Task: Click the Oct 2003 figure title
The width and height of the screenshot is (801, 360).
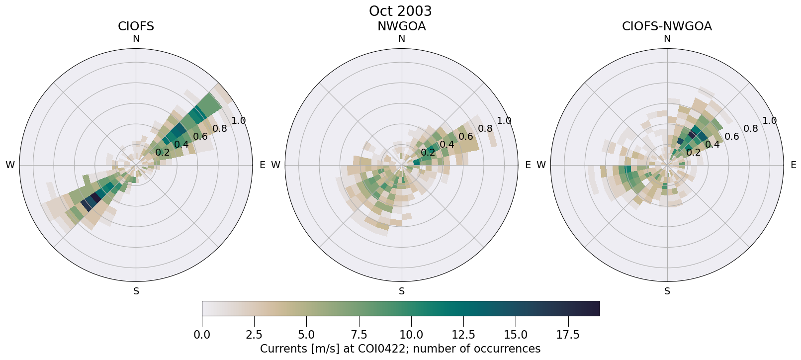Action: click(x=400, y=11)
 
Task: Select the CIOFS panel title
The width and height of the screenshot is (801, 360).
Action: click(x=136, y=26)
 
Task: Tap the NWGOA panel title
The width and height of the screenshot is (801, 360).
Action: click(x=401, y=26)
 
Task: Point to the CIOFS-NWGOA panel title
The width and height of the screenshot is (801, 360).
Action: click(x=667, y=26)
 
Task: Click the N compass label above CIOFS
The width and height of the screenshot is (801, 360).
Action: click(x=136, y=39)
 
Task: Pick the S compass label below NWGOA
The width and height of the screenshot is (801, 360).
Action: click(x=401, y=291)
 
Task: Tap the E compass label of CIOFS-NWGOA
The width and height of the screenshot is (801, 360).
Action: click(x=794, y=165)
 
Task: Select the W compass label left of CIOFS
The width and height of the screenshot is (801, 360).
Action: click(x=10, y=165)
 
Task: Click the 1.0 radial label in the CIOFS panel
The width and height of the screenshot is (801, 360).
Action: click(x=239, y=120)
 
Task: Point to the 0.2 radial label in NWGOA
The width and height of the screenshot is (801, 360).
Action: click(x=428, y=152)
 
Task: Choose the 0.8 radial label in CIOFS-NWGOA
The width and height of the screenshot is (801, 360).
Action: click(x=751, y=129)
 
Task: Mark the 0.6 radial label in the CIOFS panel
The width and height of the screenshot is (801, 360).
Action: click(x=200, y=137)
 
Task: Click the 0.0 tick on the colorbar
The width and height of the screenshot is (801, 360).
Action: click(x=202, y=335)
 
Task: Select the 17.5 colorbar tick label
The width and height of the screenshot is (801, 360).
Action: click(x=568, y=335)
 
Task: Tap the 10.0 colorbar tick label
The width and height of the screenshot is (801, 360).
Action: click(x=411, y=335)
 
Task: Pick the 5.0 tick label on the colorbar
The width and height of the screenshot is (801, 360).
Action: click(x=306, y=335)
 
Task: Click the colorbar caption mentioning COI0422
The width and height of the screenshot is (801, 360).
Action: click(x=400, y=349)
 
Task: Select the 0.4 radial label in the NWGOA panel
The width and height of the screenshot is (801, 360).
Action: click(x=446, y=145)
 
